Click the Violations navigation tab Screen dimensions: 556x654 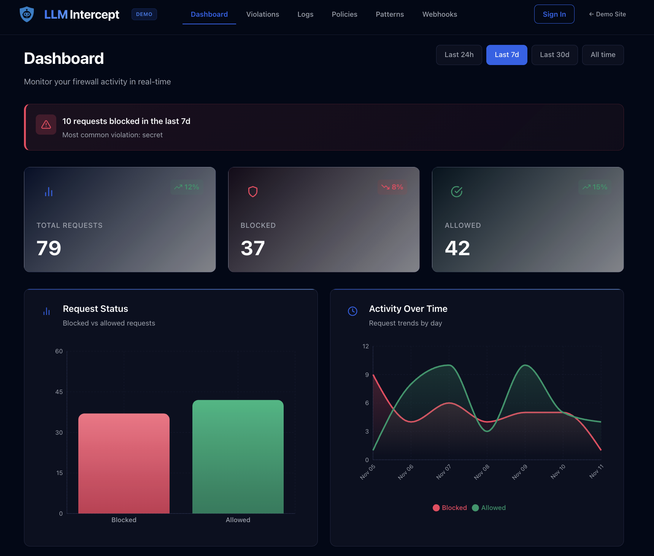coord(262,14)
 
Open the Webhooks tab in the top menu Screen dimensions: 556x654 coord(440,14)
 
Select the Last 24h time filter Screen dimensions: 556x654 coord(459,55)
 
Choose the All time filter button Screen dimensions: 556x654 coord(603,55)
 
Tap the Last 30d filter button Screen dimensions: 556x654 coord(554,55)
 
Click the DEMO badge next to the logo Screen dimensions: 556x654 coord(144,14)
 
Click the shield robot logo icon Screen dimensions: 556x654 coord(27,14)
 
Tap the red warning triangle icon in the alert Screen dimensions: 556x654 coord(46,125)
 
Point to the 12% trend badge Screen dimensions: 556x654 coord(187,187)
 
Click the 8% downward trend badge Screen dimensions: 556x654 coord(392,187)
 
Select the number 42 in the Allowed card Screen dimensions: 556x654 coord(457,248)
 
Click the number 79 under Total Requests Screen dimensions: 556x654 coord(49,248)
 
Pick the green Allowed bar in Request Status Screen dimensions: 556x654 coord(238,456)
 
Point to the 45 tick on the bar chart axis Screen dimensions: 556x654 coord(59,392)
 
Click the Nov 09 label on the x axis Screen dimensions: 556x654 coord(520,472)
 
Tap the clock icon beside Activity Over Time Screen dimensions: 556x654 coord(352,311)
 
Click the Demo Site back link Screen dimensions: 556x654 coord(607,14)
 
